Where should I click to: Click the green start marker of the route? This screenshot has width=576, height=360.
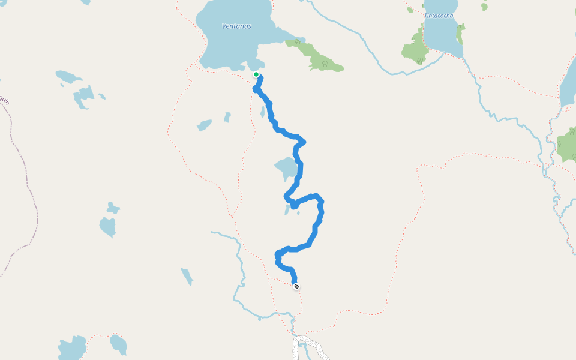(x=256, y=74)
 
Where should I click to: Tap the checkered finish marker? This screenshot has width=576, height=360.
(x=296, y=286)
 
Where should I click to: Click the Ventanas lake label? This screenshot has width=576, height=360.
(x=236, y=26)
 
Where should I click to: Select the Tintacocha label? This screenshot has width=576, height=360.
(x=439, y=16)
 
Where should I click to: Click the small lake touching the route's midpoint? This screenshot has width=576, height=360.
(x=284, y=168)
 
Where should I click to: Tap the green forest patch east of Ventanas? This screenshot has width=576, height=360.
(x=317, y=56)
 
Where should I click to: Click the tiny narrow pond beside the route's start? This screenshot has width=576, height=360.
(x=262, y=112)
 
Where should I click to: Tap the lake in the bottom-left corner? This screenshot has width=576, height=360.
(x=72, y=348)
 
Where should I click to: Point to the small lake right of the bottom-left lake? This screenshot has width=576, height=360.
(x=118, y=344)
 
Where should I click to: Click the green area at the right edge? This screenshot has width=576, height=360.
(x=567, y=145)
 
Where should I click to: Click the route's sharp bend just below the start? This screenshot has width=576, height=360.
(x=256, y=89)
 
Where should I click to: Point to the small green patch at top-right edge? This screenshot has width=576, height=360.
(x=484, y=6)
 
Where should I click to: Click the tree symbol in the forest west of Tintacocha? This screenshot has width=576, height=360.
(x=421, y=60)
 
